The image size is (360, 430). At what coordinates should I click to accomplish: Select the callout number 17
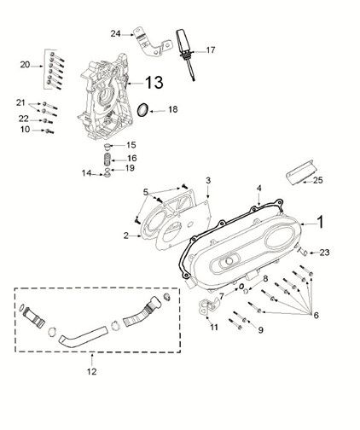pyautogui.click(x=210, y=49)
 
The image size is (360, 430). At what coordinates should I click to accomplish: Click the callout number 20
pyautogui.click(x=25, y=64)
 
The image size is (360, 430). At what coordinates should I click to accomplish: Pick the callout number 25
pyautogui.click(x=318, y=181)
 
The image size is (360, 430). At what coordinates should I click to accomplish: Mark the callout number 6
pyautogui.click(x=317, y=316)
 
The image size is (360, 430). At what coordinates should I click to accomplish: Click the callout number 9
pyautogui.click(x=260, y=329)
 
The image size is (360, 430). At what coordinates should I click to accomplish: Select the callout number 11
pyautogui.click(x=214, y=327)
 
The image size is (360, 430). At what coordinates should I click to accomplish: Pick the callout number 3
pyautogui.click(x=207, y=179)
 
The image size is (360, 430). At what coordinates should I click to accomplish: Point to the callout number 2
pyautogui.click(x=125, y=234)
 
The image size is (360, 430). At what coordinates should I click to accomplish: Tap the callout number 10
pyautogui.click(x=26, y=130)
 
